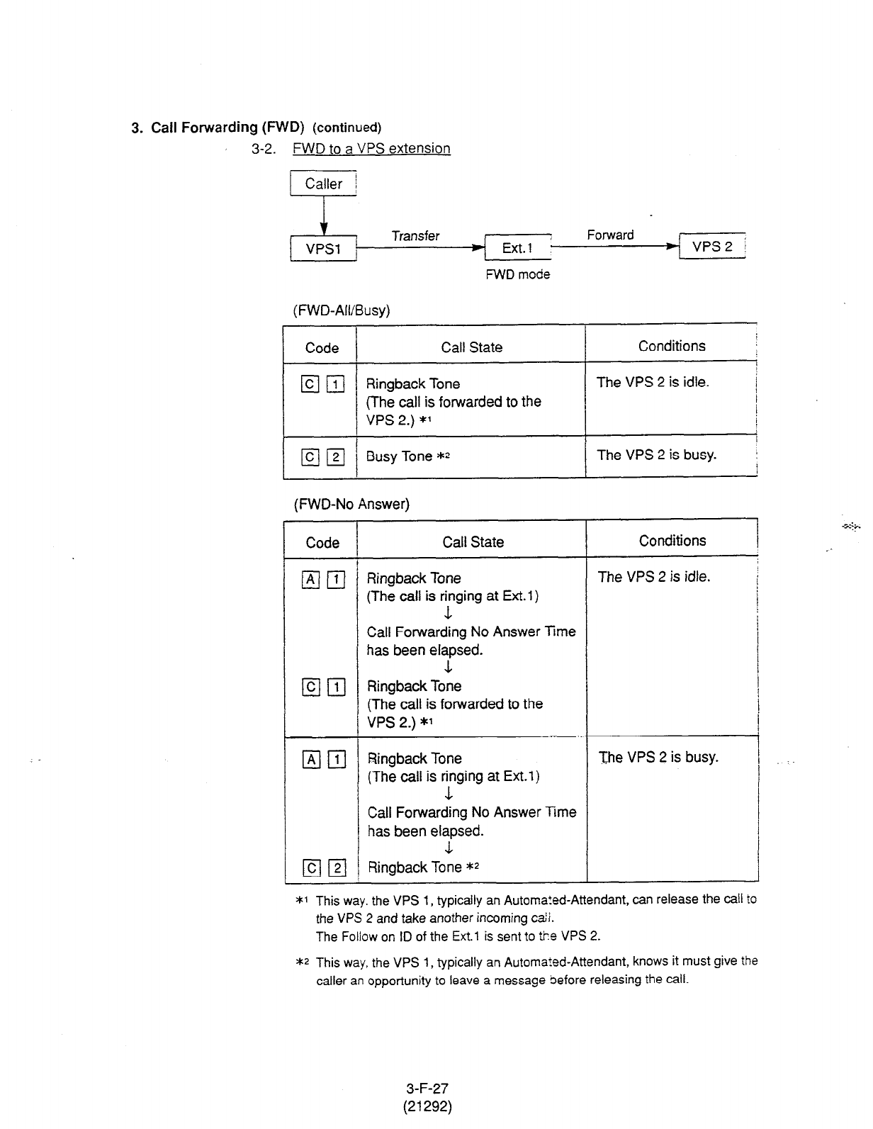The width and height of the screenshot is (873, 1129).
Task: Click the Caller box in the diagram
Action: click(x=323, y=184)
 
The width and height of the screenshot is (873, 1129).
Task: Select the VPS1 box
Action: click(x=323, y=249)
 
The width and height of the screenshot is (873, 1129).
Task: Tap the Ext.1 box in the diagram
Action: click(x=517, y=248)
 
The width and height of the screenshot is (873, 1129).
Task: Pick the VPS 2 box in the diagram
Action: click(x=712, y=247)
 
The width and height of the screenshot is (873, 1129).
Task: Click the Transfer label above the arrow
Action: click(x=415, y=236)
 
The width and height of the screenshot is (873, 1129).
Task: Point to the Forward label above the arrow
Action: click(x=610, y=235)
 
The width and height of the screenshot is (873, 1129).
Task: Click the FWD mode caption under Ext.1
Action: click(x=517, y=274)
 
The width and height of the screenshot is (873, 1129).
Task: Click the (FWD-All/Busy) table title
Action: click(x=342, y=310)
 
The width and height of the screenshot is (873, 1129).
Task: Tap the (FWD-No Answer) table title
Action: click(x=351, y=504)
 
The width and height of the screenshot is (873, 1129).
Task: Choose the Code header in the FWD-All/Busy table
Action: click(x=322, y=348)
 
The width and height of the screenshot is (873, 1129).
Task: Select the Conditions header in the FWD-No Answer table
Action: click(x=672, y=541)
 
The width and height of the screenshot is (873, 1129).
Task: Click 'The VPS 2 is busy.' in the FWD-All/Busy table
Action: click(x=656, y=455)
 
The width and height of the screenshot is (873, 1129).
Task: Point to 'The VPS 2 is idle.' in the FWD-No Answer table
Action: click(x=653, y=577)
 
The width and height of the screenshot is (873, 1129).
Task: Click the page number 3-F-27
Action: click(x=427, y=1088)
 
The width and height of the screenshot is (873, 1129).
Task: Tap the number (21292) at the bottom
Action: click(x=427, y=1106)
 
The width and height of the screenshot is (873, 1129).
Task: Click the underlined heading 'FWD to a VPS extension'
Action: click(x=371, y=149)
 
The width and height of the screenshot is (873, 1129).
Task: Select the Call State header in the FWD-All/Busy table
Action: click(x=471, y=347)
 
